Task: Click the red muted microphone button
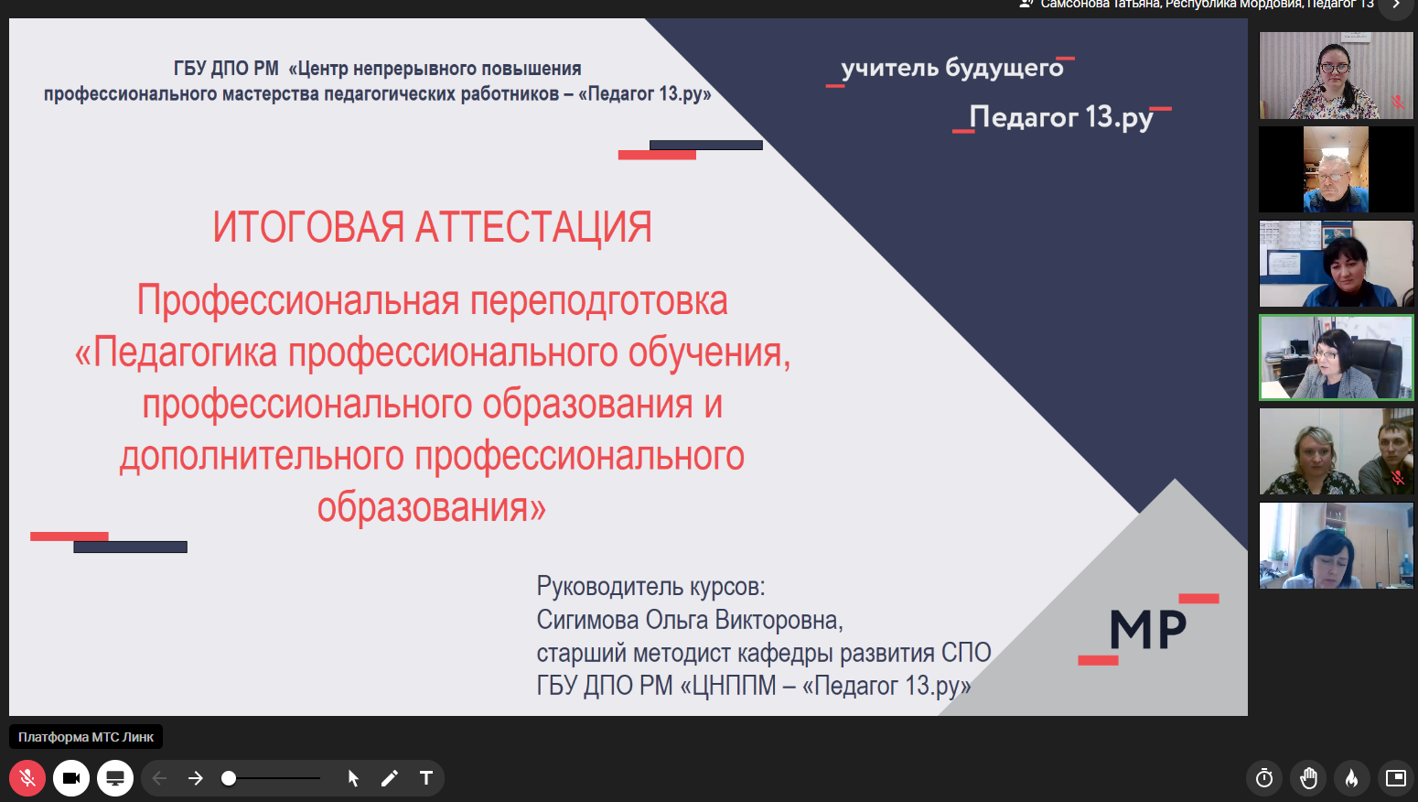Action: pos(27,778)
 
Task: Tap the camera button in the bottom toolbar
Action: pos(71,778)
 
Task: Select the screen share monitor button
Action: pos(115,778)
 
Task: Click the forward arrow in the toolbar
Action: pos(196,778)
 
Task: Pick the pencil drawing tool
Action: pos(390,778)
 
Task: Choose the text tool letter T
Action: pos(426,778)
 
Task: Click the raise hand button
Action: pos(1308,778)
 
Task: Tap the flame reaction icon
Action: pos(1351,778)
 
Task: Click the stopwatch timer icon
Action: pos(1264,778)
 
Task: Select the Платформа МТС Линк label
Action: pos(86,737)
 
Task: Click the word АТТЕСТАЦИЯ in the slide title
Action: pos(533,227)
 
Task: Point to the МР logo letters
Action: pos(1148,629)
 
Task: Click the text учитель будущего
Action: pos(952,68)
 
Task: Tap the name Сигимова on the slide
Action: pos(587,620)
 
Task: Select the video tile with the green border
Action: pos(1336,358)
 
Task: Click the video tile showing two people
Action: pos(1336,451)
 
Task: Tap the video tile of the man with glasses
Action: pos(1336,169)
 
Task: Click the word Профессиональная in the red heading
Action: pos(297,301)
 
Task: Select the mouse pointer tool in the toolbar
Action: pos(353,778)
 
